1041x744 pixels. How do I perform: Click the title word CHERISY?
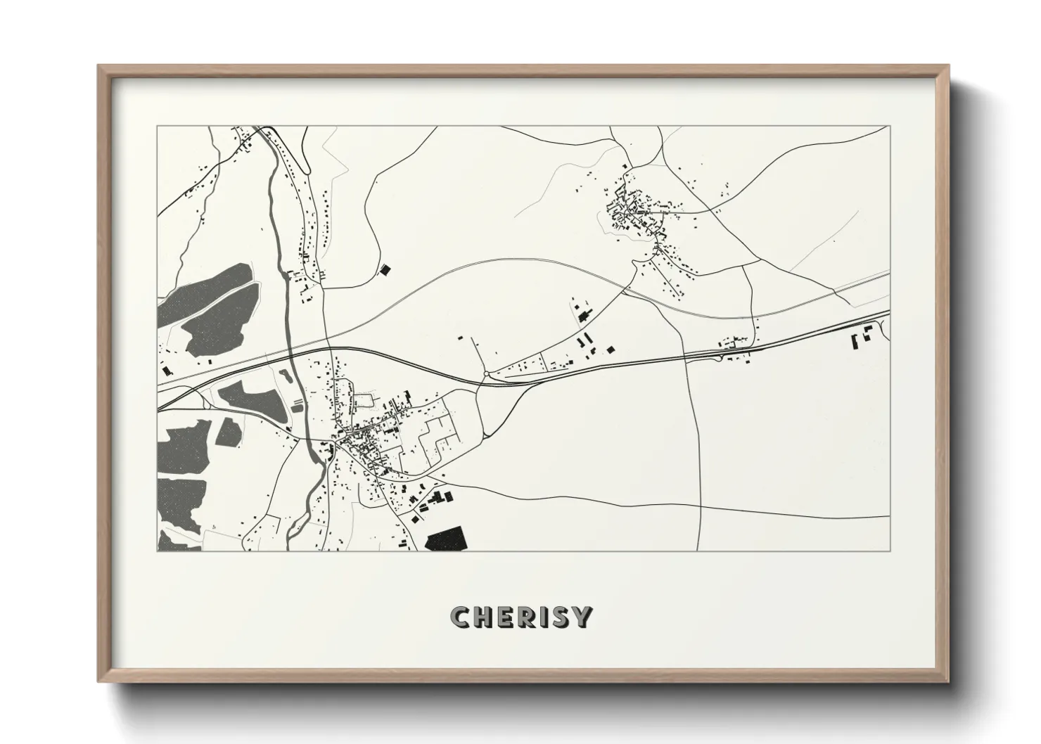(521, 617)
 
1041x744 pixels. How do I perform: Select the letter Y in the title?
(581, 617)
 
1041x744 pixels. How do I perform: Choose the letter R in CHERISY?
(523, 617)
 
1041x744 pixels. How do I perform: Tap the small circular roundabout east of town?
(486, 373)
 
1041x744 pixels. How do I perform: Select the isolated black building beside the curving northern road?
(384, 269)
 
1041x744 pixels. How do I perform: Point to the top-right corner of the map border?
(890, 127)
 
